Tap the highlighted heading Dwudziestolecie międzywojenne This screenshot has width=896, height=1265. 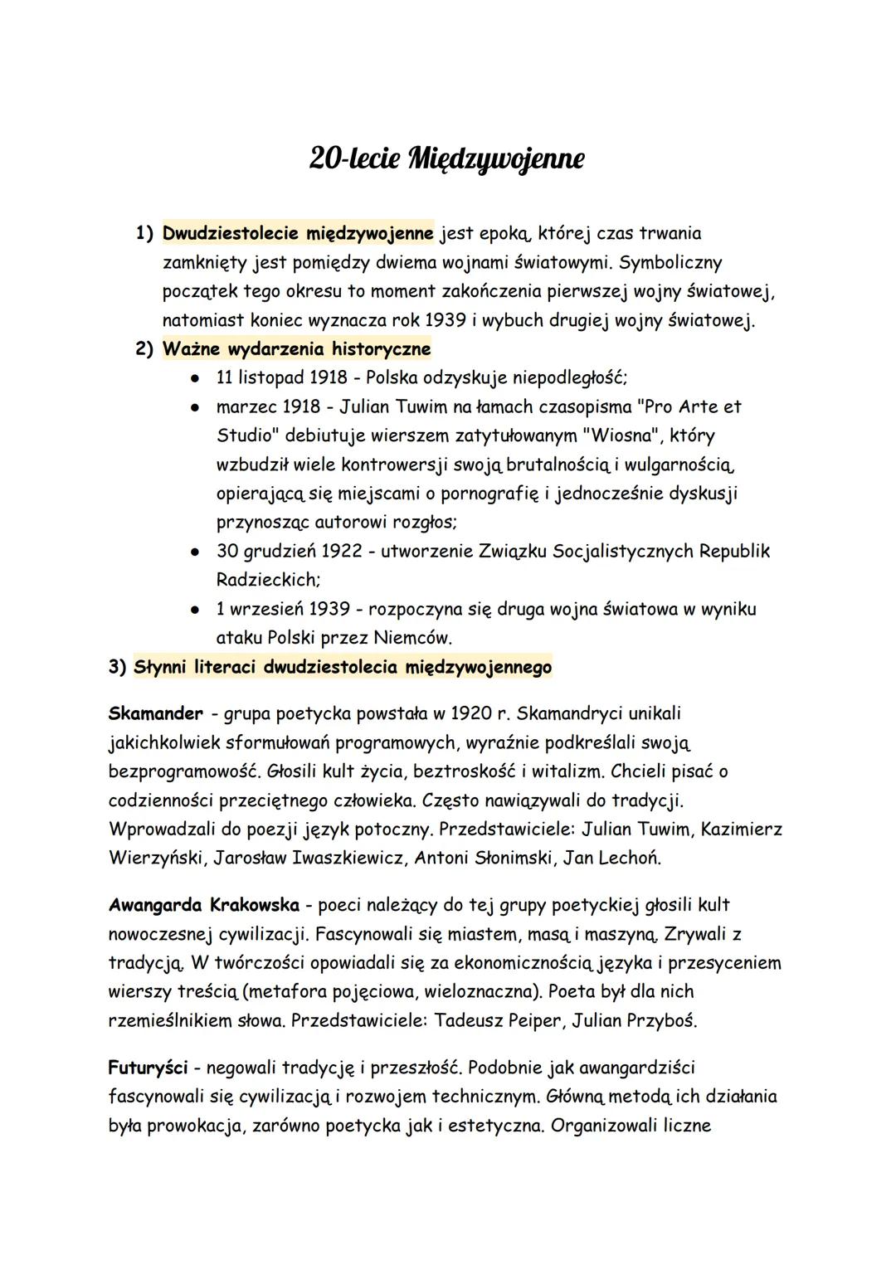point(298,233)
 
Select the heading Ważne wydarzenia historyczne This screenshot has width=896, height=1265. point(296,349)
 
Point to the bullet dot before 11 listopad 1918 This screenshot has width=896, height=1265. point(193,378)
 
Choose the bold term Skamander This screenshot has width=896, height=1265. point(155,713)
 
